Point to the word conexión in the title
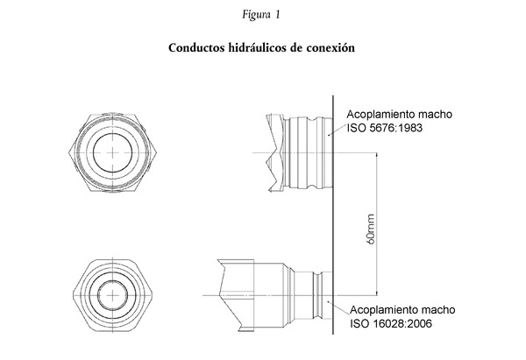pos(332,48)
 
